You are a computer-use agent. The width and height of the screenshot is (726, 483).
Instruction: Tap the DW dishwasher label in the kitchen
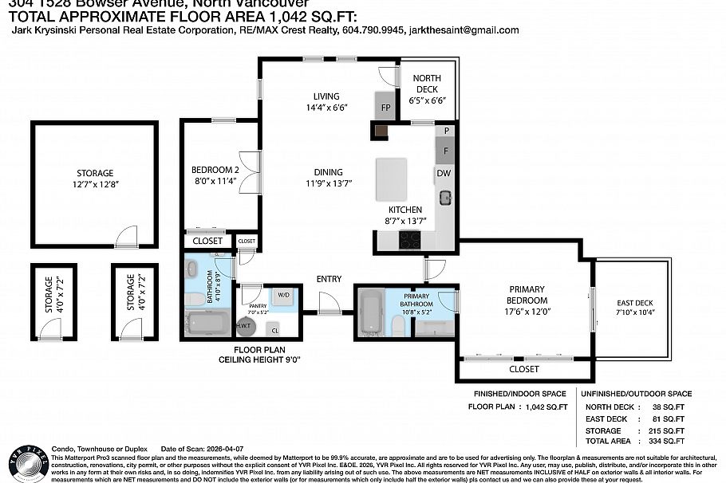pos(444,173)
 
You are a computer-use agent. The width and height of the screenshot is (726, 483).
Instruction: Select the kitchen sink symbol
pos(444,197)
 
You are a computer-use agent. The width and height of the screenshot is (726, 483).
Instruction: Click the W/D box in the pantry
pos(283,296)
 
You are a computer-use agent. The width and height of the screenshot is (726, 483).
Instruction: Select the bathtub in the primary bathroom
pos(370,314)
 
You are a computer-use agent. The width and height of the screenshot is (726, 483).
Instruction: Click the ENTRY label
pos(329,279)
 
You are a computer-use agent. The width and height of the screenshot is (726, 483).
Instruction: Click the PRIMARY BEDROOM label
pos(527,294)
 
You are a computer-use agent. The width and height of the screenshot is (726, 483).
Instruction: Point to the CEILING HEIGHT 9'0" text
pos(262,360)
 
